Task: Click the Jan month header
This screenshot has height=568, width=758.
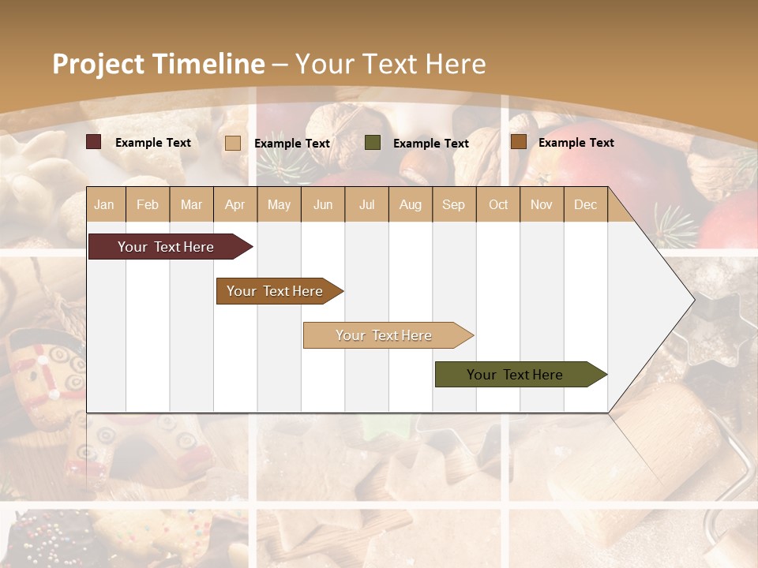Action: tap(104, 204)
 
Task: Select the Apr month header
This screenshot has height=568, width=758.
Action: tap(235, 204)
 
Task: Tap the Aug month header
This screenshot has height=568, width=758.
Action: tap(410, 204)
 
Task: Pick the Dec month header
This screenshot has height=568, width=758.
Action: tap(585, 204)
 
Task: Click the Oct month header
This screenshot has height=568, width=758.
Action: tap(498, 204)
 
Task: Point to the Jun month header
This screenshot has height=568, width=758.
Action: tap(322, 204)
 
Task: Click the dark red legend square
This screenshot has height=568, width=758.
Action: tap(93, 142)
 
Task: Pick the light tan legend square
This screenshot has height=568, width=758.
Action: tap(232, 143)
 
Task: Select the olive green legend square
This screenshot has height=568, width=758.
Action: tap(373, 143)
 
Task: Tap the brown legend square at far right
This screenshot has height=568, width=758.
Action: tap(518, 142)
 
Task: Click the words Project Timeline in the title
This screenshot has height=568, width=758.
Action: tap(158, 64)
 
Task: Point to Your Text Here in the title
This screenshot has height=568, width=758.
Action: tap(390, 64)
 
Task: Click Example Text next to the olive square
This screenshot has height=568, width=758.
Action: tap(430, 144)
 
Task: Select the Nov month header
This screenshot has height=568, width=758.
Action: tap(542, 204)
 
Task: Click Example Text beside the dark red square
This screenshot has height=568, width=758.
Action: tap(152, 143)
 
